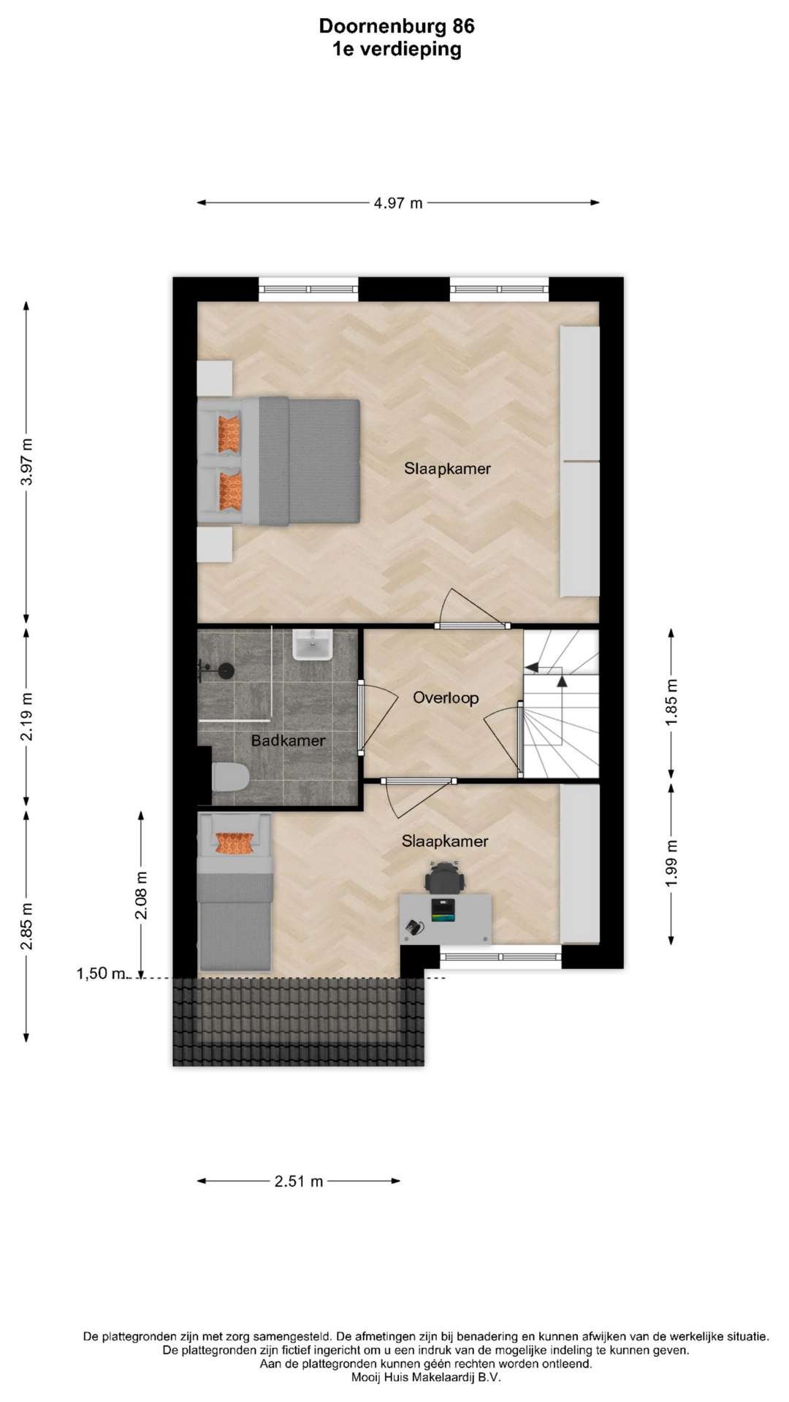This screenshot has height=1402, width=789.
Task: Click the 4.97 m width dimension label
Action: coord(398,203)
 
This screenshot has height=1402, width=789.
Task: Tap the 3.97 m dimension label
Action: coord(27,461)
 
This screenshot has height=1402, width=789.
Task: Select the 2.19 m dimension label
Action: coord(27,716)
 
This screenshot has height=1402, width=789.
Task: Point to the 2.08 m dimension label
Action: coord(142,895)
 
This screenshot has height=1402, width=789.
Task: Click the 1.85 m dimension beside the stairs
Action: coord(672,702)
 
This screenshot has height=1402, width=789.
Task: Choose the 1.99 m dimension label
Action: coord(672,864)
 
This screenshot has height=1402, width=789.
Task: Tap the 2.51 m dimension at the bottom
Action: coord(299,1181)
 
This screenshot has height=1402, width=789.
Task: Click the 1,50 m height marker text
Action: coord(101,973)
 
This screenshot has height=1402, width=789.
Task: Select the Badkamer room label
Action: coord(289,740)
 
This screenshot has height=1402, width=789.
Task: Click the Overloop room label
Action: coord(446,698)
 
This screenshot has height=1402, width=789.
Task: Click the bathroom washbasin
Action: coord(313,645)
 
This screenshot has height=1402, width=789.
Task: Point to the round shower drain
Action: coord(226,670)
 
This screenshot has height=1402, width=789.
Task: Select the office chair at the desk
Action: coord(445,877)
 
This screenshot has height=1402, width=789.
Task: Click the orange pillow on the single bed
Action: coord(235,843)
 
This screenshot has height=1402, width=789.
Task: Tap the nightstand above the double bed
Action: coord(215,378)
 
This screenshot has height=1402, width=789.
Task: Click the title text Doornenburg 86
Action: coord(397,26)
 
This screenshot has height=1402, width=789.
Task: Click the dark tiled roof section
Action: coord(299,1022)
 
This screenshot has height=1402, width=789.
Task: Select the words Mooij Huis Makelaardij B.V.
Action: coord(426,1378)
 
